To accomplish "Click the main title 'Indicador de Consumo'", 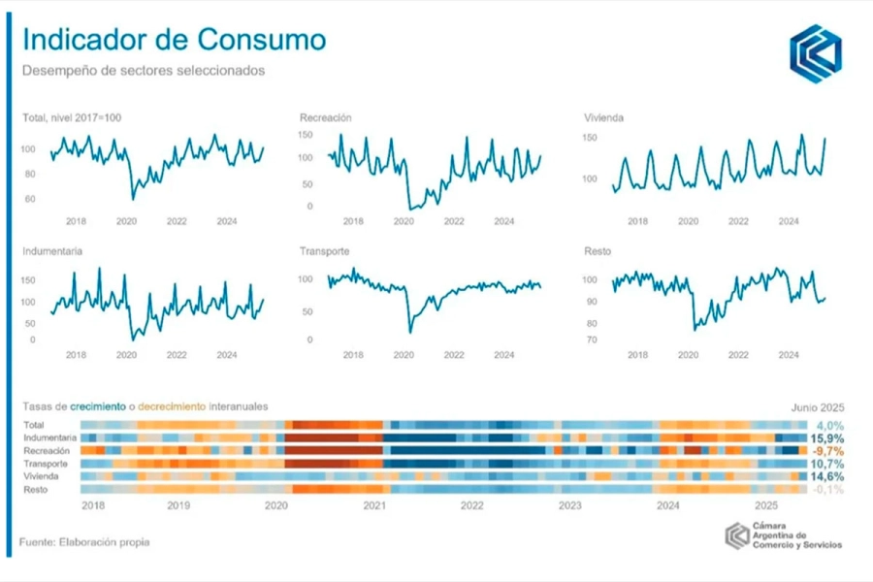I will point(174,40).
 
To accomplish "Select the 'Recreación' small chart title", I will point(325,117).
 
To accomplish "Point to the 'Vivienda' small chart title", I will point(603,117).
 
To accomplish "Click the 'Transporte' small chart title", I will point(325,251).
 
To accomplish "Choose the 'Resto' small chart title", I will point(598,251).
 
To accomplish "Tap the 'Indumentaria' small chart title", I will point(52,251).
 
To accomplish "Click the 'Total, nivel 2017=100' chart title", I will point(72,117).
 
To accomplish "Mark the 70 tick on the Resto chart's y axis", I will point(591,340).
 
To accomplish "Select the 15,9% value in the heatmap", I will point(827,438).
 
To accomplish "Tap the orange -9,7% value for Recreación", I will point(827,452).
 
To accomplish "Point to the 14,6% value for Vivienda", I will point(827,477).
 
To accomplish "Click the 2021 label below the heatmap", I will point(374,505).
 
